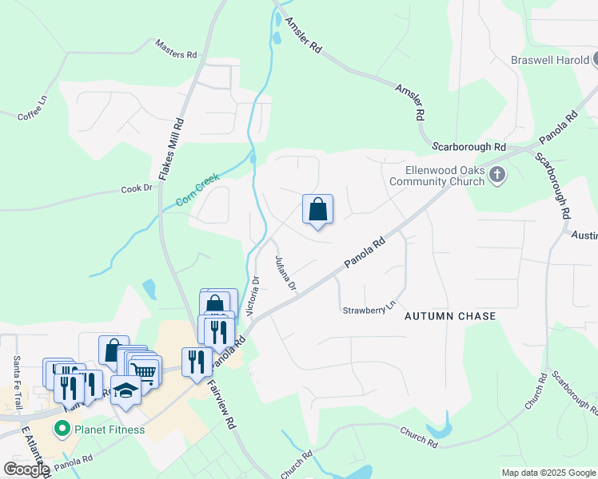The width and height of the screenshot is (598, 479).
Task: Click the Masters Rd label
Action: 177,49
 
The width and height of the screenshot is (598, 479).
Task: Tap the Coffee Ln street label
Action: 33,110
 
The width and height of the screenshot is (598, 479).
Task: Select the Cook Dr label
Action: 136,188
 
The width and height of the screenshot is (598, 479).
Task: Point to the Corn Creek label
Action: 197,191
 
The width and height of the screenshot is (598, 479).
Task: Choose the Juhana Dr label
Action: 285,273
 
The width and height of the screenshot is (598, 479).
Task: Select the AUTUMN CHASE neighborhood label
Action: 450,316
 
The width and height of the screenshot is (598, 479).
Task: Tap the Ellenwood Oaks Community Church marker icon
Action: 497,175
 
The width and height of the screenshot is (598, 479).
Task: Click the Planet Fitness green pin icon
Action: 62,430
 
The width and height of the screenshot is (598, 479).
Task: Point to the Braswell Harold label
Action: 551,60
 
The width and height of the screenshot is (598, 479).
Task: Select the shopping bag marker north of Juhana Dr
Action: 317,209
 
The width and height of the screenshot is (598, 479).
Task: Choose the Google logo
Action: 26,469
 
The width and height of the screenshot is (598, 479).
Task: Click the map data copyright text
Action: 548,473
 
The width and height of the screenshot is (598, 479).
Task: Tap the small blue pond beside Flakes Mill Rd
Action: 149,288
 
